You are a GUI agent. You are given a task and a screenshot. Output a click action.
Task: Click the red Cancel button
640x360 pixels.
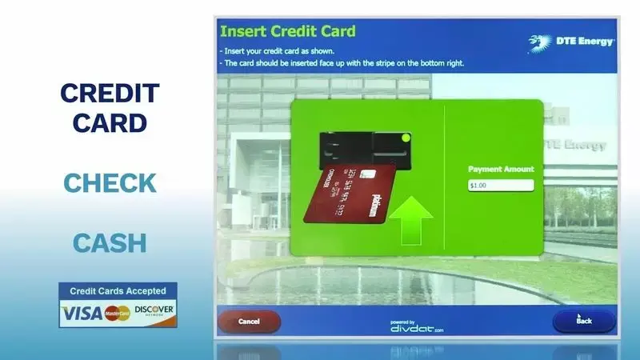tap(249, 322)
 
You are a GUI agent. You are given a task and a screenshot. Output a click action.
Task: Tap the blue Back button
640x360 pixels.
tap(584, 321)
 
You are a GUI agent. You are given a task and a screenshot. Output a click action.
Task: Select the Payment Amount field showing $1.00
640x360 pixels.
tap(501, 186)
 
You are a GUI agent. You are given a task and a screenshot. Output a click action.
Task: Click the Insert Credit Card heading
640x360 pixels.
tap(287, 32)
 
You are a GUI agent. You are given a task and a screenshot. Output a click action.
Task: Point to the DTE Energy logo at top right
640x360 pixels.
tap(572, 41)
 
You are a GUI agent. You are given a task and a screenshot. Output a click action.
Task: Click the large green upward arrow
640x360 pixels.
tap(409, 219)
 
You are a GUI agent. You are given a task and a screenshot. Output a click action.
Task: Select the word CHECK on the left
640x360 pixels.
tap(110, 182)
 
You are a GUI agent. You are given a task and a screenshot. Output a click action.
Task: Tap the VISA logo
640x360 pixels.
tap(82, 311)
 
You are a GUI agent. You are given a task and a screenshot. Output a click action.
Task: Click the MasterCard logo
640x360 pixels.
tap(118, 313)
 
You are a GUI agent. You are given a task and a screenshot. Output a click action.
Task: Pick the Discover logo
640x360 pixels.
tap(154, 310)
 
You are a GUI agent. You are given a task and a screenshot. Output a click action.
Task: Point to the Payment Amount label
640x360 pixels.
tap(501, 170)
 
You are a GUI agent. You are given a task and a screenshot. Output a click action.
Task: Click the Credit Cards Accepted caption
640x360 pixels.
tap(118, 291)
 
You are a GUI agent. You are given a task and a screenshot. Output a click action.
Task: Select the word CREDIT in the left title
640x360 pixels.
tap(110, 94)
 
